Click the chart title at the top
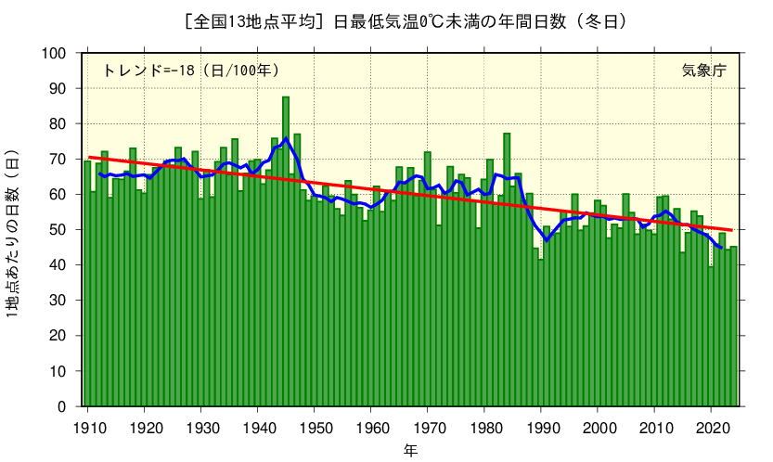[386, 20]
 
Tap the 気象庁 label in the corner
[703, 71]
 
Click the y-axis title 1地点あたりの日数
[12, 232]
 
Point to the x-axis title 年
[410, 450]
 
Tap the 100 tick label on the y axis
[56, 53]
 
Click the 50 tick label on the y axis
[59, 230]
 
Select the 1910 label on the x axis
[88, 428]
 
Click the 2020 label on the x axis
[711, 428]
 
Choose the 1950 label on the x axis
[315, 428]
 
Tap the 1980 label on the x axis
[484, 428]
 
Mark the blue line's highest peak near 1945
[286, 139]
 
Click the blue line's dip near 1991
[547, 240]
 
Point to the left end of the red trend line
[89, 158]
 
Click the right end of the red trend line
[732, 229]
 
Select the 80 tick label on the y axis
[59, 123]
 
